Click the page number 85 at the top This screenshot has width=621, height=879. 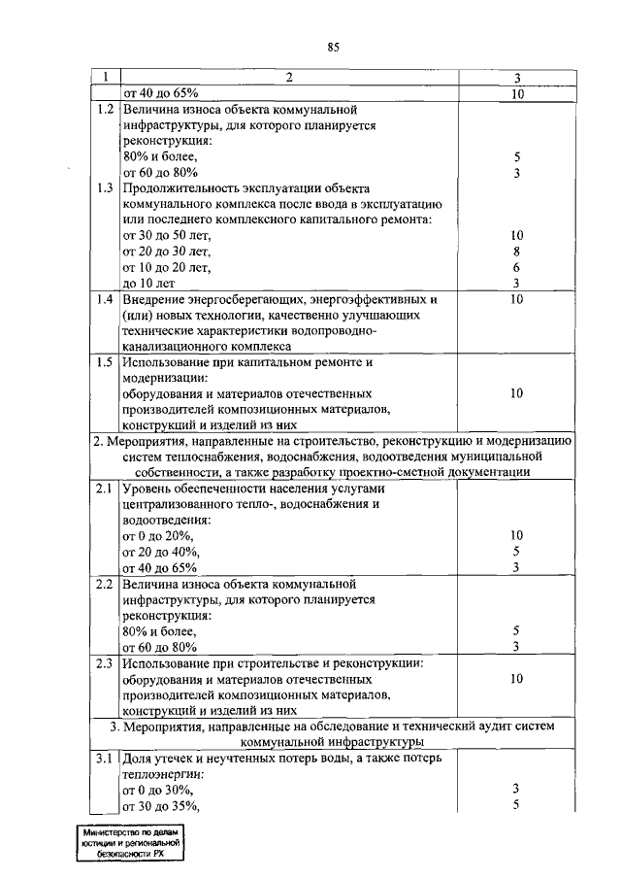333,46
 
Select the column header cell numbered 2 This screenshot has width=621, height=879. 288,78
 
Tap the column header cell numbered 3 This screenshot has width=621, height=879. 517,78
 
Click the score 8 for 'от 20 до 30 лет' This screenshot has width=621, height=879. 517,252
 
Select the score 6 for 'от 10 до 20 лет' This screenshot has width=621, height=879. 517,267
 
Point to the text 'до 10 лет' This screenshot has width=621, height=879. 150,283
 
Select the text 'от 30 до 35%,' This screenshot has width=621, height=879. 161,805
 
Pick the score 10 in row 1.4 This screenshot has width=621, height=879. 517,299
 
